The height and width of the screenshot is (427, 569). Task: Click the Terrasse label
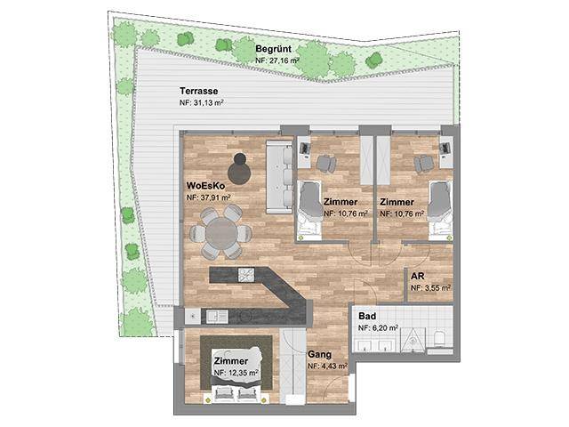tap(199, 91)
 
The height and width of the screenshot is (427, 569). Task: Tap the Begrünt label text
tap(273, 49)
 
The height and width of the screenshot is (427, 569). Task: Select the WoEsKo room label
tap(205, 186)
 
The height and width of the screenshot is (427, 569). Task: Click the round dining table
tap(220, 233)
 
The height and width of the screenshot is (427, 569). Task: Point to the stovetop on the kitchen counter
tap(246, 275)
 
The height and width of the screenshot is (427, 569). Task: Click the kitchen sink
tap(217, 317)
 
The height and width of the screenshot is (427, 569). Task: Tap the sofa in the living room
tap(279, 177)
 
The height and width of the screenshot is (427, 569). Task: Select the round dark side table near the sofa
tap(239, 170)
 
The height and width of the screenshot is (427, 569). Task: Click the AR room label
tap(417, 277)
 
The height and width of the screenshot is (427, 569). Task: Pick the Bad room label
tap(367, 316)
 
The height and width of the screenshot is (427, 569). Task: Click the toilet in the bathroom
tap(439, 338)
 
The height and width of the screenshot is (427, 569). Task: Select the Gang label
tap(319, 354)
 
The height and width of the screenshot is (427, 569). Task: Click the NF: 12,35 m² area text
tap(236, 373)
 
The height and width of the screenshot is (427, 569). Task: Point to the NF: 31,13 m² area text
tap(201, 103)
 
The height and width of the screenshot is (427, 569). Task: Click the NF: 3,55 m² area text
tap(430, 288)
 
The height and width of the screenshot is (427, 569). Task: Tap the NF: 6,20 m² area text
tap(378, 328)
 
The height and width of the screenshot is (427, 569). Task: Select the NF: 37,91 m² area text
tap(209, 197)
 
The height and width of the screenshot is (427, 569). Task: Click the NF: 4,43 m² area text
tap(328, 366)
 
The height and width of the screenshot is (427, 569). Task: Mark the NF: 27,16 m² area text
tap(277, 60)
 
